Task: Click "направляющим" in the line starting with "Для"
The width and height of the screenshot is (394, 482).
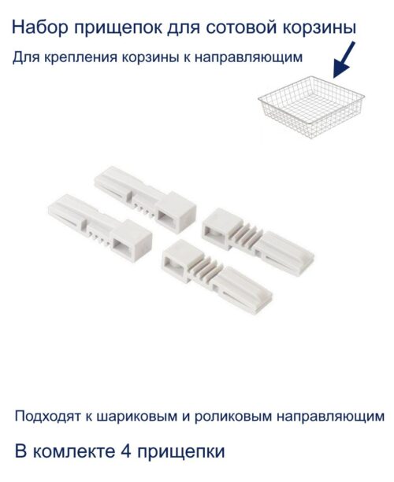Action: [x=255, y=59]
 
